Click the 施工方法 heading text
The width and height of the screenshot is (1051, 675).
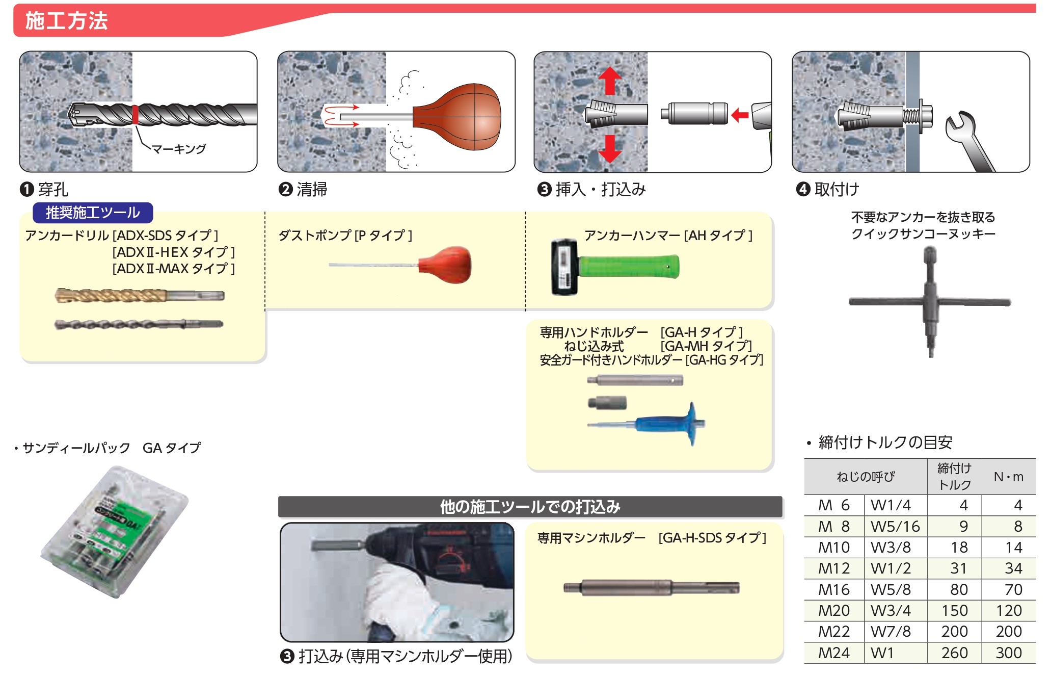click(66, 21)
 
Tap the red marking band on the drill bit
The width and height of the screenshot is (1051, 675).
click(136, 115)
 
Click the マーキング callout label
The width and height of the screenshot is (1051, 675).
click(179, 149)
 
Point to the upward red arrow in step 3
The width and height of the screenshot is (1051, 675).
click(610, 81)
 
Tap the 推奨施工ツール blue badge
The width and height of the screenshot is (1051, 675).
click(93, 213)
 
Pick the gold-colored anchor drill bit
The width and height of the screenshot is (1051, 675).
click(138, 295)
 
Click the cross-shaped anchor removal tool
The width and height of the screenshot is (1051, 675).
click(930, 302)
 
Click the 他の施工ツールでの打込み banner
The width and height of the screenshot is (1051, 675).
click(530, 507)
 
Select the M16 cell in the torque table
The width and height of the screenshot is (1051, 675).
click(834, 589)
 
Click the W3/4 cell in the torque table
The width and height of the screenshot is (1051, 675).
click(891, 610)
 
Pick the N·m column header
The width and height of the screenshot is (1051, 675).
click(1008, 477)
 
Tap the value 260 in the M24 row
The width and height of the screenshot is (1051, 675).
click(954, 653)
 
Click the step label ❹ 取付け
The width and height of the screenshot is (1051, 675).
click(828, 189)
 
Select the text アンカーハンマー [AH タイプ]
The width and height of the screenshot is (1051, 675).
click(668, 236)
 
